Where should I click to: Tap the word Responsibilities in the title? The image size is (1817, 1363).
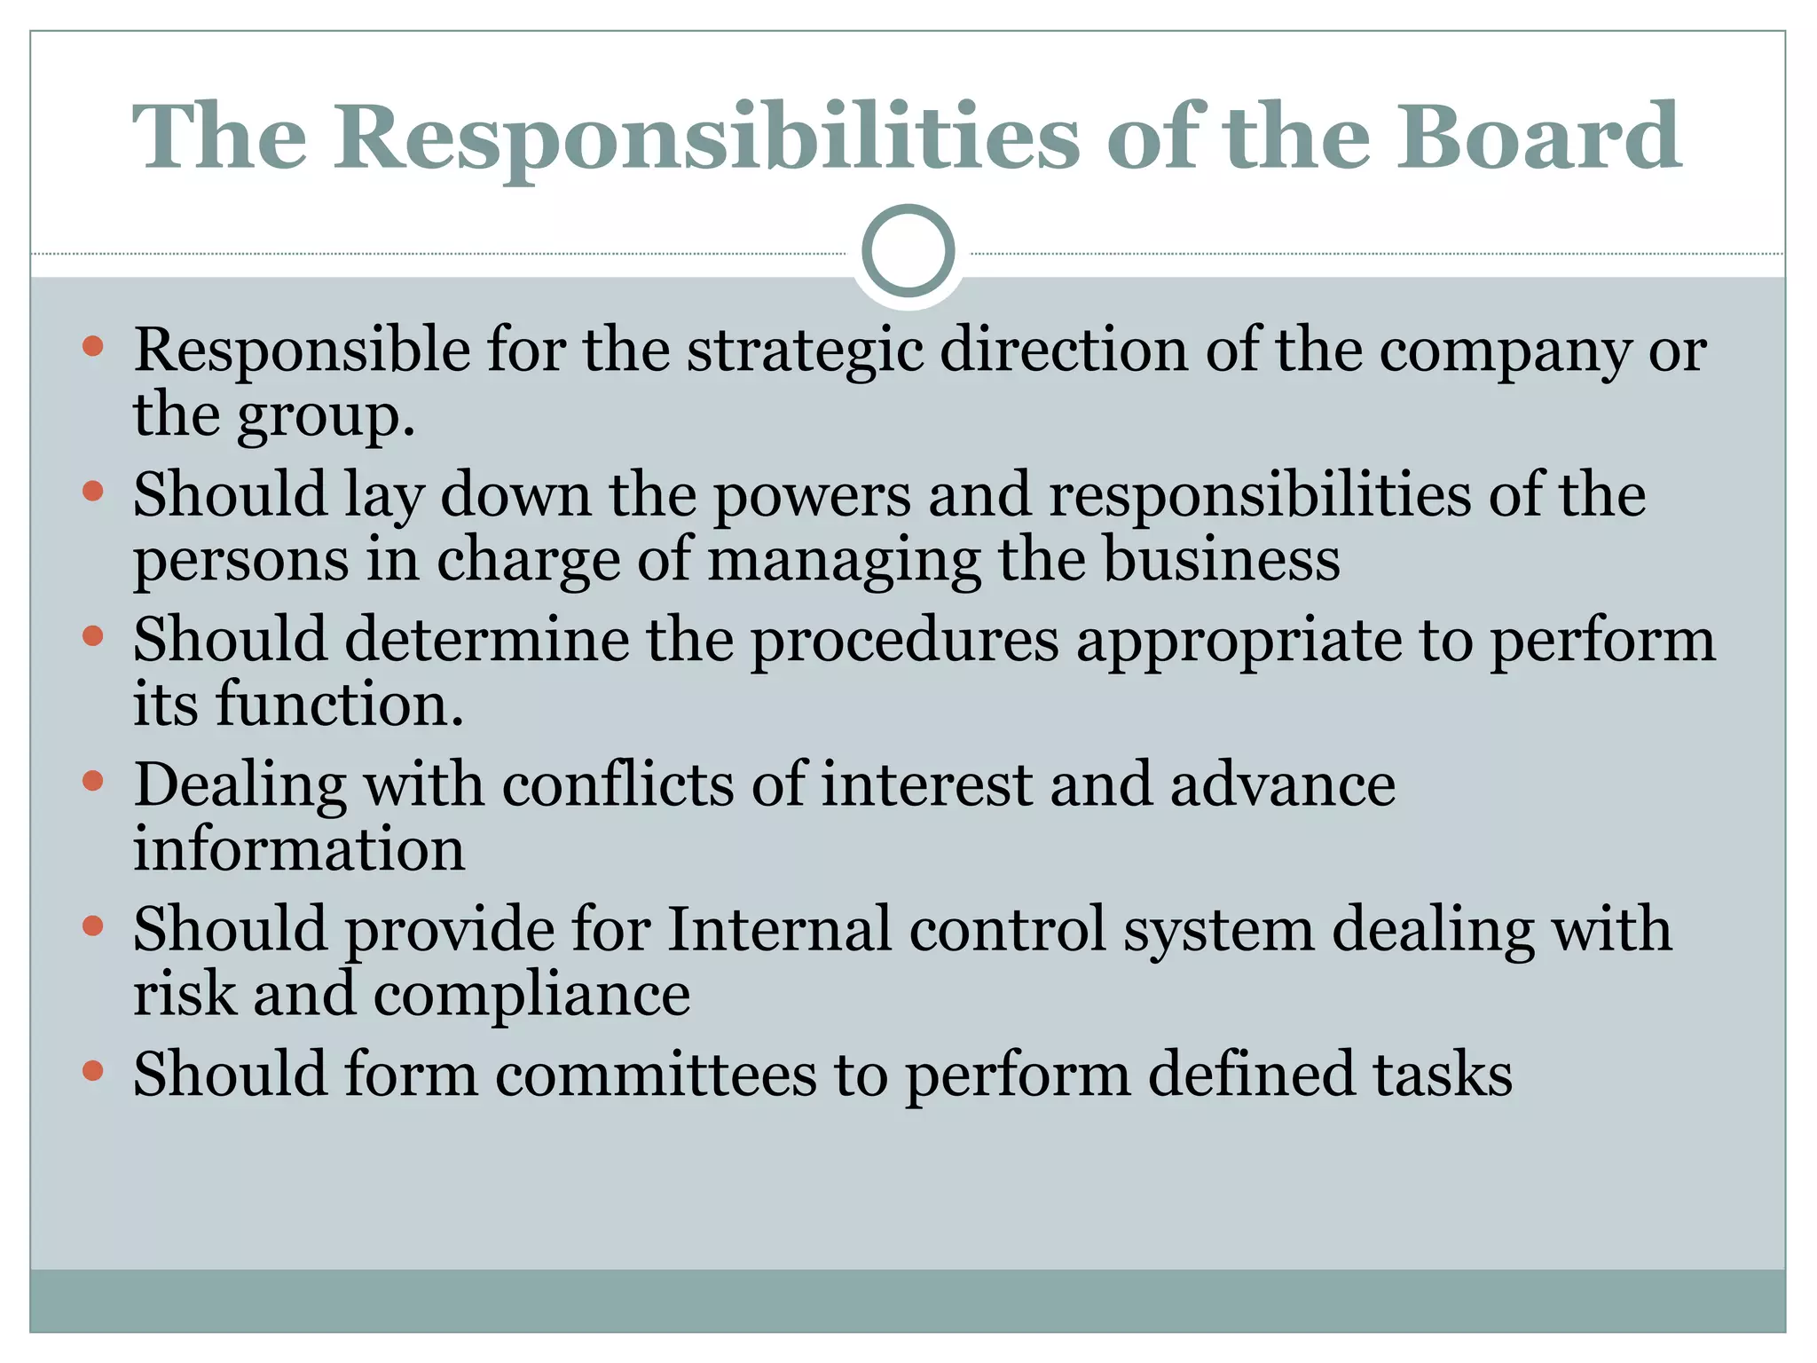(706, 138)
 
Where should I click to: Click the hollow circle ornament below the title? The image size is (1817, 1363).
(908, 251)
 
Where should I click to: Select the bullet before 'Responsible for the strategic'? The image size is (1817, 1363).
(92, 346)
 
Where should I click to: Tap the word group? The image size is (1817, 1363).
(325, 417)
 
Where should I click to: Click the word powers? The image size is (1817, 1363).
(812, 497)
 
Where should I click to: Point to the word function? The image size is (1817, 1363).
(339, 705)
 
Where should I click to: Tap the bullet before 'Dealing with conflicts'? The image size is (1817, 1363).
(92, 781)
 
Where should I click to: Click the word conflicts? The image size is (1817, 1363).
(618, 785)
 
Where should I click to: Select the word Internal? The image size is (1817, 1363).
(778, 930)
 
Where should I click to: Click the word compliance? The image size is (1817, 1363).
(531, 997)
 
